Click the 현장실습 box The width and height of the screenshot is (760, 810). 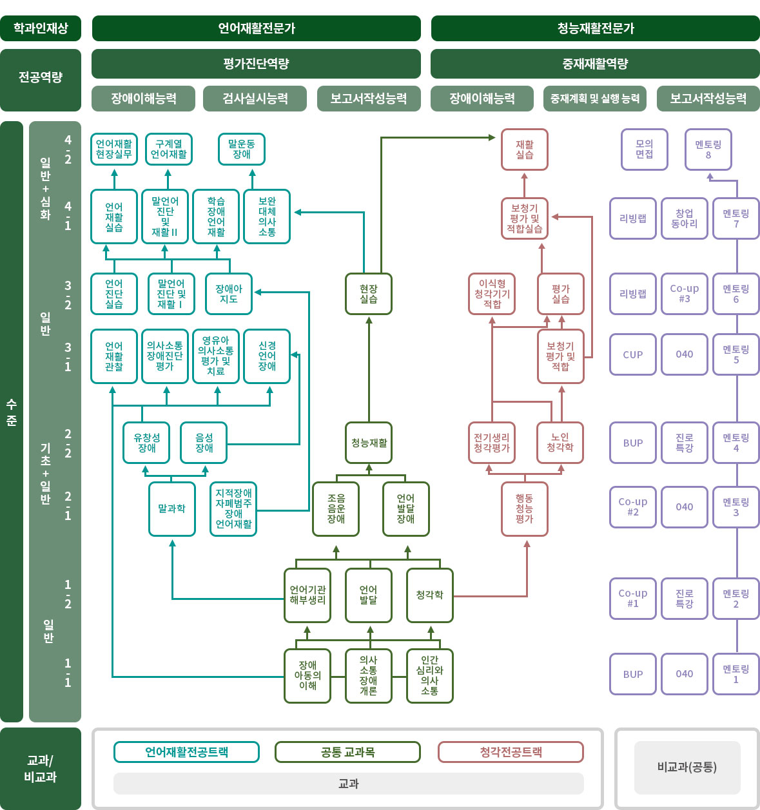click(369, 294)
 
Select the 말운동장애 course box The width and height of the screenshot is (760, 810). click(242, 149)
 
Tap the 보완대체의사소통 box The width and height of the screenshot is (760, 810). click(267, 217)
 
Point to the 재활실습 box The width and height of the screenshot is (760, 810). click(525, 149)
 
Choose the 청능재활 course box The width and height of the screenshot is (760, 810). click(369, 443)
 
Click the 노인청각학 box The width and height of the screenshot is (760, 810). click(560, 443)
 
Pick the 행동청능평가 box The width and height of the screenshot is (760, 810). click(525, 508)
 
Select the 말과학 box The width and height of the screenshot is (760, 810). click(172, 508)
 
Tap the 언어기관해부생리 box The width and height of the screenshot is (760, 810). click(307, 595)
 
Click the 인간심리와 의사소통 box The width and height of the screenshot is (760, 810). click(430, 675)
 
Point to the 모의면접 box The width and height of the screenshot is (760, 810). click(645, 149)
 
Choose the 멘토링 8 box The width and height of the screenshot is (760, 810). click(708, 149)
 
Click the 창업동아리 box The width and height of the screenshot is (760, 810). click(685, 218)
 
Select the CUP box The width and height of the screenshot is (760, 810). click(633, 354)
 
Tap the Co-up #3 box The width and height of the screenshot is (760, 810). click(685, 294)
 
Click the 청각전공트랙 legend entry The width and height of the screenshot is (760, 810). click(511, 752)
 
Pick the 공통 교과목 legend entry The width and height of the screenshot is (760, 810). click(347, 752)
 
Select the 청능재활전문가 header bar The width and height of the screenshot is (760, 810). click(596, 28)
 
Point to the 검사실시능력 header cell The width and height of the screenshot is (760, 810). click(255, 99)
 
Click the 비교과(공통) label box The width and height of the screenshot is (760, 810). click(687, 767)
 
